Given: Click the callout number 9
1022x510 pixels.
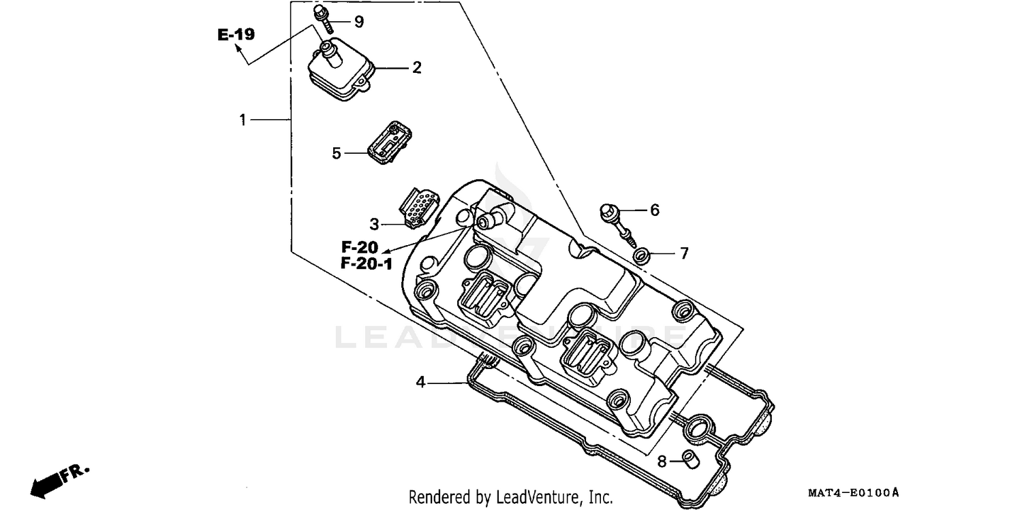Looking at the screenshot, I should (x=358, y=22).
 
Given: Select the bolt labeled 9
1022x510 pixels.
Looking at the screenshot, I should (x=324, y=18).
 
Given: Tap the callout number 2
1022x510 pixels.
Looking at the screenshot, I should (x=416, y=67).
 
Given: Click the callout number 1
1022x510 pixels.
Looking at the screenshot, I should (x=243, y=120).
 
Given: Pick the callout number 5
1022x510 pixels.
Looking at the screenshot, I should (x=336, y=153).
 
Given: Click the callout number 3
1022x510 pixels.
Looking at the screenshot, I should (x=374, y=223).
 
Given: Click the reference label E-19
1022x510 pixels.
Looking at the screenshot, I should (x=236, y=35).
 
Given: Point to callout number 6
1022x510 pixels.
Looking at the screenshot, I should (x=654, y=210).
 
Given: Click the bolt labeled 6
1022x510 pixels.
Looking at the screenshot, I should (x=617, y=222).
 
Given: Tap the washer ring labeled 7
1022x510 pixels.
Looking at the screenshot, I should (x=641, y=256).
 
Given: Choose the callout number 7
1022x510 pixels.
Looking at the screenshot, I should (x=683, y=254).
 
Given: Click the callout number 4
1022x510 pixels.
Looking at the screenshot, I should (x=421, y=383).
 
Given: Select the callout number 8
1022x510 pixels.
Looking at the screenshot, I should (x=662, y=462).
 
